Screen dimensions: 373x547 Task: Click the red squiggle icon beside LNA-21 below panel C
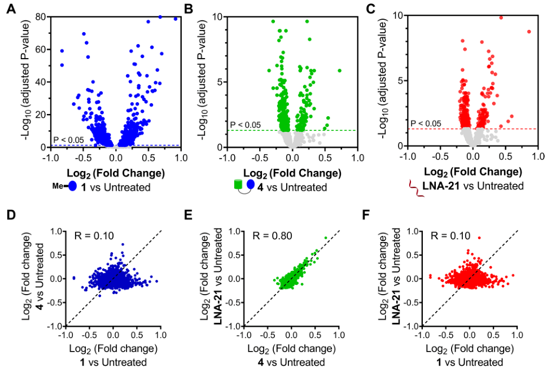point(418,186)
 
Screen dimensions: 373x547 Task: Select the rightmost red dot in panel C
point(529,32)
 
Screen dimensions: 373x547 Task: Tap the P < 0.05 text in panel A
point(68,140)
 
